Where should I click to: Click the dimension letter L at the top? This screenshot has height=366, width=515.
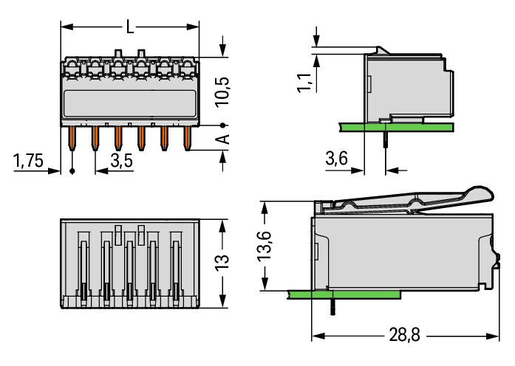[130, 27]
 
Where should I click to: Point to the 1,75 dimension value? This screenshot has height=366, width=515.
[29, 161]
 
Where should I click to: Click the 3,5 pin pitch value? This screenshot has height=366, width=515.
[121, 161]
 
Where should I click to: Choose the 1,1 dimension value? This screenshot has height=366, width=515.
[304, 77]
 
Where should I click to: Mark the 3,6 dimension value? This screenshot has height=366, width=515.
[337, 159]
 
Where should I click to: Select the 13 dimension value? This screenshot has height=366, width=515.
[223, 262]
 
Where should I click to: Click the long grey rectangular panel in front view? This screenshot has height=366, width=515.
[129, 103]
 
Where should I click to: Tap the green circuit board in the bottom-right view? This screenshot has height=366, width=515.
[347, 293]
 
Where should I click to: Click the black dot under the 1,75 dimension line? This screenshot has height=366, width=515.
[72, 171]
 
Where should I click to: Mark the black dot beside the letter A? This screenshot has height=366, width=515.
[222, 125]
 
